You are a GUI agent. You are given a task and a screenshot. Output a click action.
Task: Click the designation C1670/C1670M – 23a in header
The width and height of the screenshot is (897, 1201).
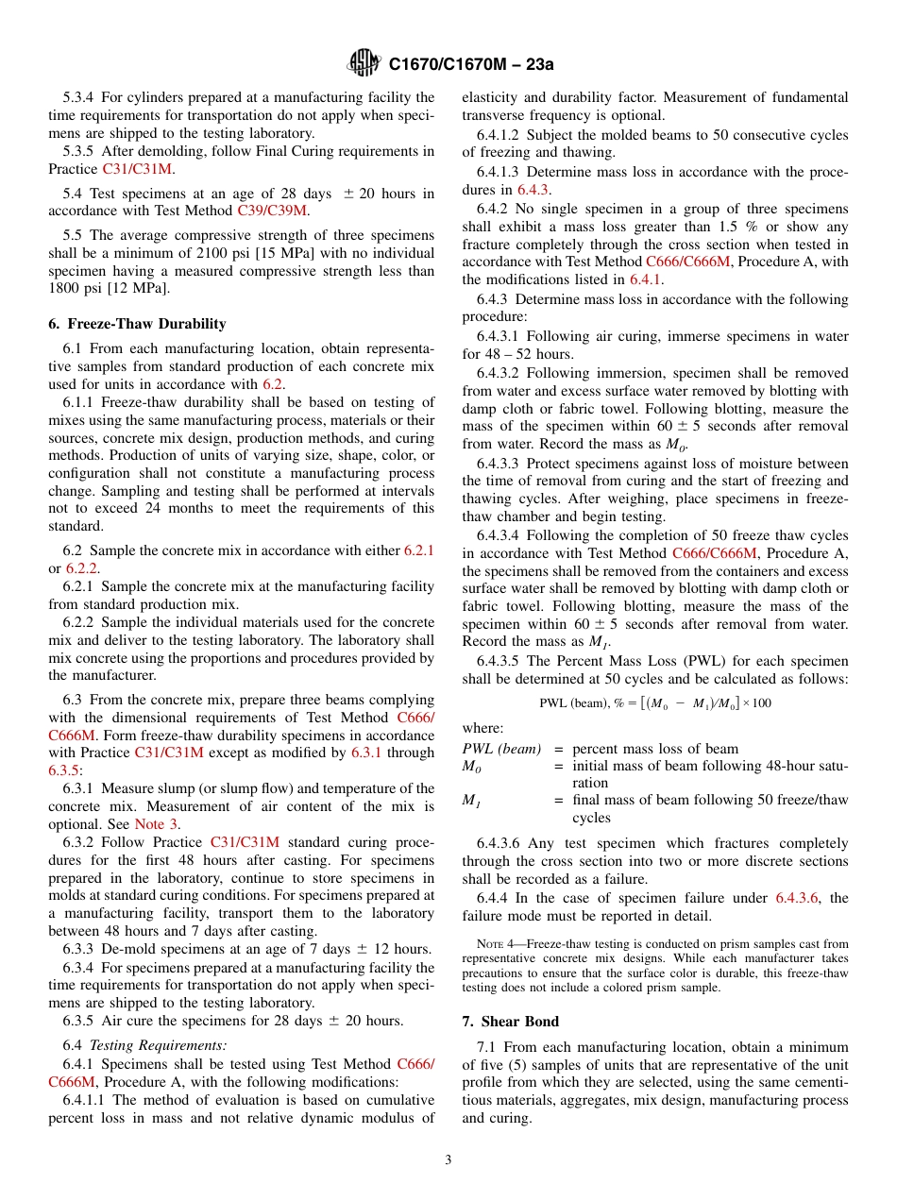pos(470,64)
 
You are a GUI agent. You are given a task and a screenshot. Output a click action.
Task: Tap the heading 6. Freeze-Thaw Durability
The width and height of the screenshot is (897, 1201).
pos(137,323)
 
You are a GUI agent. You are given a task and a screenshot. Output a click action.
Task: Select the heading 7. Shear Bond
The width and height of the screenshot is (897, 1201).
pos(519,1021)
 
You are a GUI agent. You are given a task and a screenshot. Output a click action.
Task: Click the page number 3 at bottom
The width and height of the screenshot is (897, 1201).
pos(448,1159)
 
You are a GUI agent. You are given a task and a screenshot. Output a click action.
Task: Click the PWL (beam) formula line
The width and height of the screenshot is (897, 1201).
pos(654,702)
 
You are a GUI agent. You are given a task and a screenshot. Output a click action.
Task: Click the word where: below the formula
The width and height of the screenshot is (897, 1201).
pos(482,728)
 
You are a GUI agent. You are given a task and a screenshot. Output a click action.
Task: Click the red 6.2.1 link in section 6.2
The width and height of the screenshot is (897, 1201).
pos(418,550)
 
